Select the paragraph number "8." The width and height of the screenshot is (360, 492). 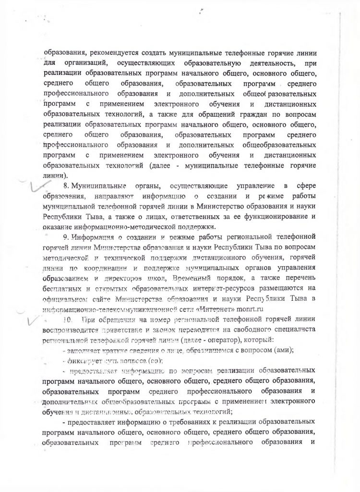[x=67, y=186]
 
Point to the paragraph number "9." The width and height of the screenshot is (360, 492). [x=67, y=236]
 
